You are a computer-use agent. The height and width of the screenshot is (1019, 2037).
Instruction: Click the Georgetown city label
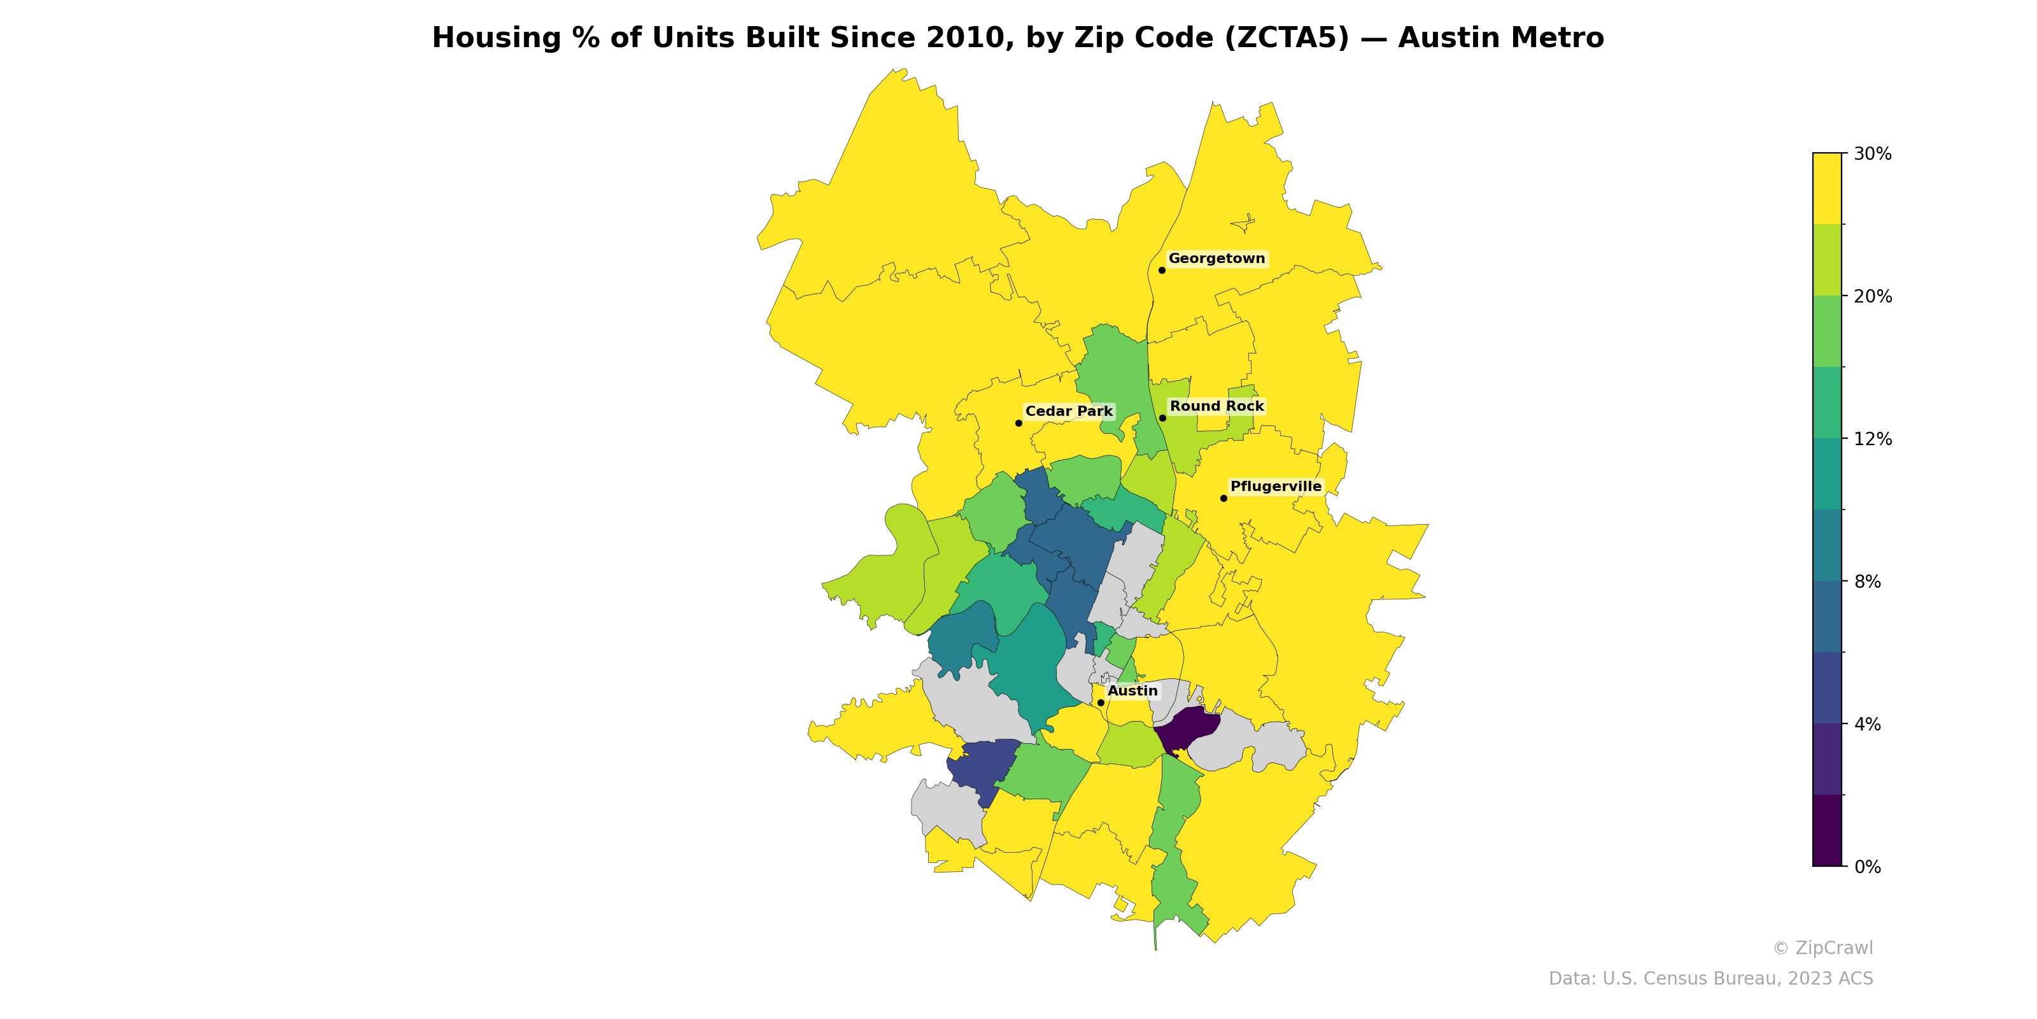pyautogui.click(x=1216, y=259)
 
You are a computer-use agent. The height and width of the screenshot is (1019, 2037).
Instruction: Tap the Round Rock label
pyautogui.click(x=1216, y=407)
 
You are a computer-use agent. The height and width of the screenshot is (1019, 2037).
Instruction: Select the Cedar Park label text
pyautogui.click(x=1068, y=411)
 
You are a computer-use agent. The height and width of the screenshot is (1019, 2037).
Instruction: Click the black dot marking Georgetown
pyautogui.click(x=1162, y=271)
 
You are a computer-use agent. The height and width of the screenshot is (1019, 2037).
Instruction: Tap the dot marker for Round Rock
pyautogui.click(x=1162, y=418)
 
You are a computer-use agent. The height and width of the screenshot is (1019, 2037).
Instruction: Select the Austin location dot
pyautogui.click(x=1101, y=702)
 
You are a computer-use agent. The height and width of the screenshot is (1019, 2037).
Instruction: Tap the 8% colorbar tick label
pyautogui.click(x=1867, y=581)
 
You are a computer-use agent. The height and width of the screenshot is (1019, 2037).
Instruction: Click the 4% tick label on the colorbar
pyautogui.click(x=1867, y=724)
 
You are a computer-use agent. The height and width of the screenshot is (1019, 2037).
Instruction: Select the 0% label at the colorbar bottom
pyautogui.click(x=1867, y=867)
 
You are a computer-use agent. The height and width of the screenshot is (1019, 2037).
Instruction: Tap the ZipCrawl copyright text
pyautogui.click(x=1822, y=948)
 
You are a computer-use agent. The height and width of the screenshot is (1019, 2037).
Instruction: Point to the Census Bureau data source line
pyautogui.click(x=1710, y=979)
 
